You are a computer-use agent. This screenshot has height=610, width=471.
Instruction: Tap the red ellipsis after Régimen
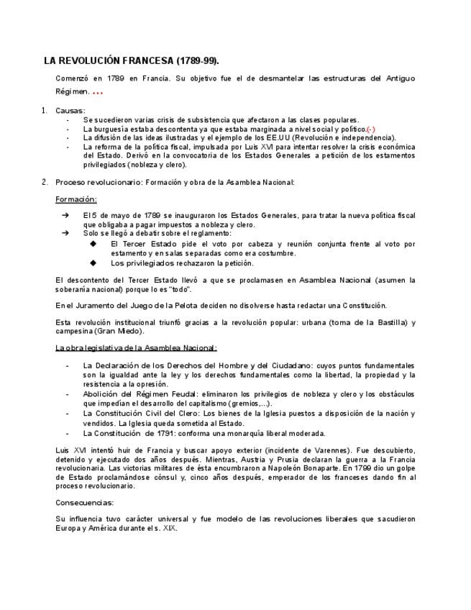tap(98, 93)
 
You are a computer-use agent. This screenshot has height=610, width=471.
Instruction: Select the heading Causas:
tap(70, 110)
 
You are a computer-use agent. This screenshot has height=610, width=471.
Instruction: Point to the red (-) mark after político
tap(371, 129)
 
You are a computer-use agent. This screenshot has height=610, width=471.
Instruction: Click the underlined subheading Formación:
tap(76, 199)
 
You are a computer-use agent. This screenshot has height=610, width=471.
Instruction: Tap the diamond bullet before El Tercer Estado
tap(93, 244)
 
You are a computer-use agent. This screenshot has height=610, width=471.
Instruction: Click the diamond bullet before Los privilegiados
tap(93, 263)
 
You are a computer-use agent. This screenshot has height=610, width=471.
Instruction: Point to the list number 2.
tap(44, 182)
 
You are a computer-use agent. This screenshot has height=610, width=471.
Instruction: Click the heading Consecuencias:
tap(85, 502)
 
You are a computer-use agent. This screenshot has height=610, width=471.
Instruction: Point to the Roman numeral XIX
tap(169, 528)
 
